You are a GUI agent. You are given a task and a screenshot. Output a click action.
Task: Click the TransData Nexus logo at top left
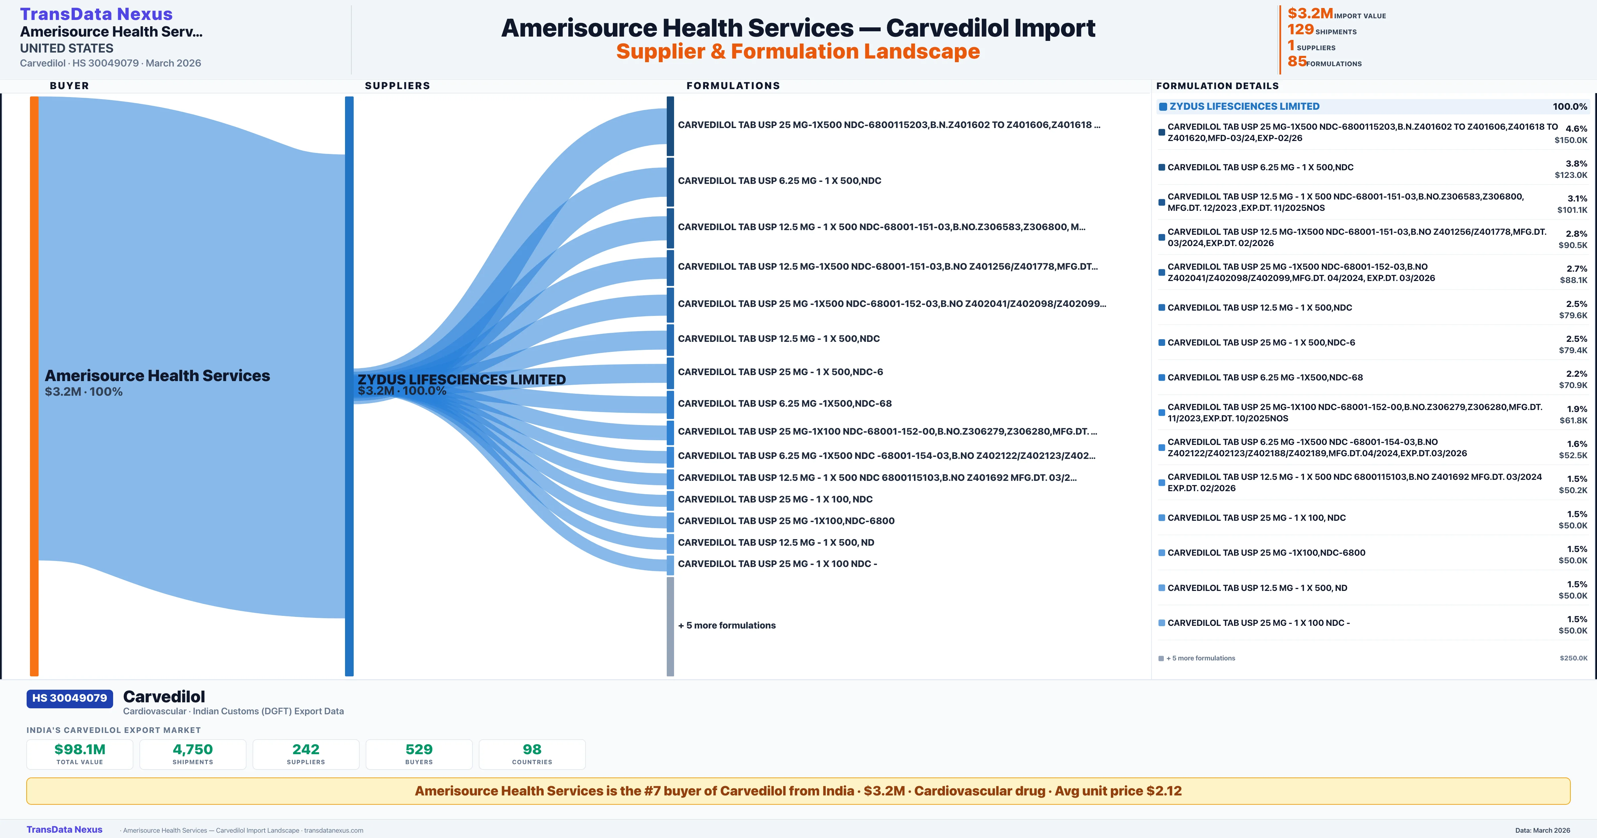[x=96, y=14]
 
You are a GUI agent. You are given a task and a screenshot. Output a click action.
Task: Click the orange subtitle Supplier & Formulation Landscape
[x=798, y=52]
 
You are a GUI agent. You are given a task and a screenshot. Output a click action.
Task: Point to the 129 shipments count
[x=1300, y=29]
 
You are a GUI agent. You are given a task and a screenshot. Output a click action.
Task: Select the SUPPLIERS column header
[x=397, y=85]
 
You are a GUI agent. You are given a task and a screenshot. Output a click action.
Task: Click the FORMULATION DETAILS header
[x=1217, y=85]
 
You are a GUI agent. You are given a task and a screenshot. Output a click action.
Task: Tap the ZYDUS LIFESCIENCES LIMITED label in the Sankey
[x=461, y=379]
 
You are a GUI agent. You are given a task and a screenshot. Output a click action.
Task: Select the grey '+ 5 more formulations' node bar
[x=670, y=626]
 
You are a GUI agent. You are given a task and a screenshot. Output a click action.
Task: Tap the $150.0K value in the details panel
[x=1570, y=140]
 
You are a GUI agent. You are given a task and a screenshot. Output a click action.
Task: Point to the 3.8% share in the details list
[x=1576, y=164]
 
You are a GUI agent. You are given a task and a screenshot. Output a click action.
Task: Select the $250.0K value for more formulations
[x=1573, y=658]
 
